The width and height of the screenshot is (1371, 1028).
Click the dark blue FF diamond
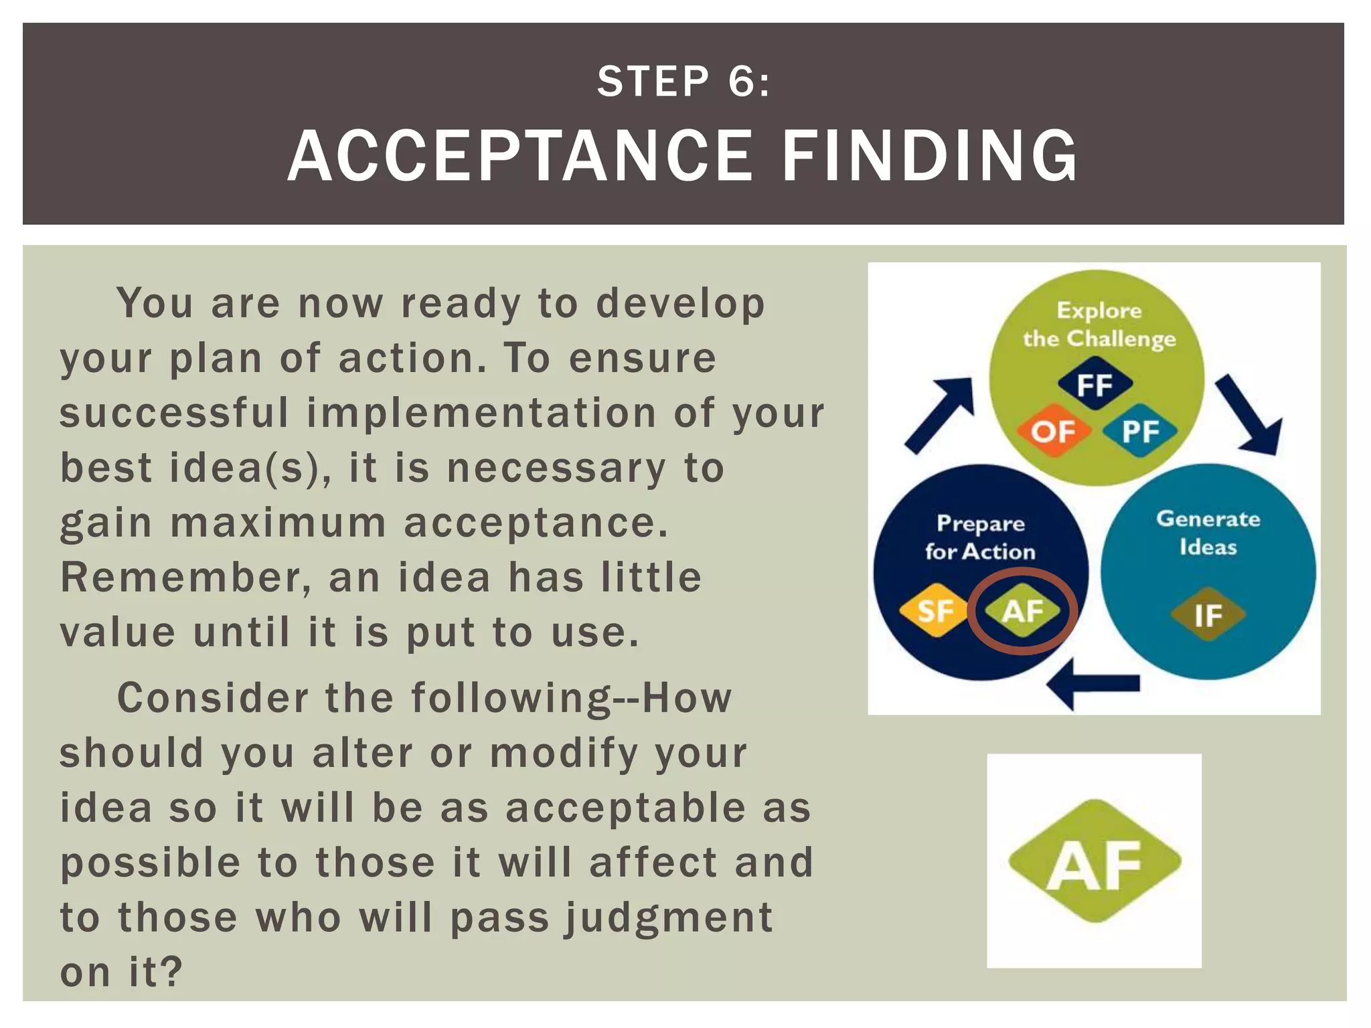(1095, 385)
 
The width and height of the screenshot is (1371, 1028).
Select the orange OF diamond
(1053, 432)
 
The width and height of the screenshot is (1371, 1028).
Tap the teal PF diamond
(1140, 432)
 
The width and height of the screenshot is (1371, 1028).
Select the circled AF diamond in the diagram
(1022, 610)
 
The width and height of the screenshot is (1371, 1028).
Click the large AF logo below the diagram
(1094, 862)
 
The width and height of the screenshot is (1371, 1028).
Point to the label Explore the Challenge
(1099, 325)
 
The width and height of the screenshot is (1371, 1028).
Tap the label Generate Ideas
(1208, 533)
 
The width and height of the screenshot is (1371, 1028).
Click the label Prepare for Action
(980, 537)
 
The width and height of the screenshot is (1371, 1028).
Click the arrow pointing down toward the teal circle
(1248, 414)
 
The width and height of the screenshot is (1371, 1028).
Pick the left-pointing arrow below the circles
(1093, 683)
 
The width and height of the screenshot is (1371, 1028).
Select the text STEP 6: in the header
(683, 82)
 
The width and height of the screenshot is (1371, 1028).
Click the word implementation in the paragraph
(481, 412)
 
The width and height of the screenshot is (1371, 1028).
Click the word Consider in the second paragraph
(212, 697)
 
